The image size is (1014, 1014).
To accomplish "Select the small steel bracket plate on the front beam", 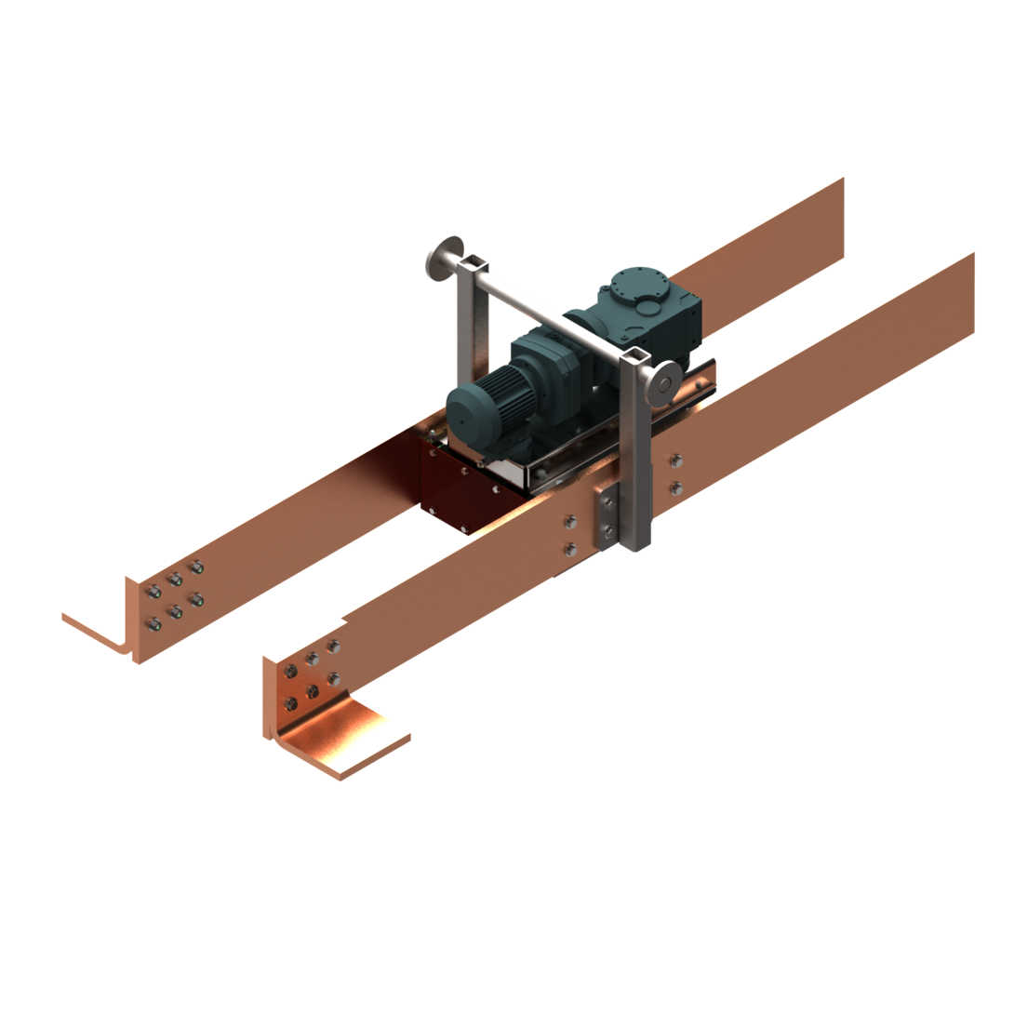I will (607, 517).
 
